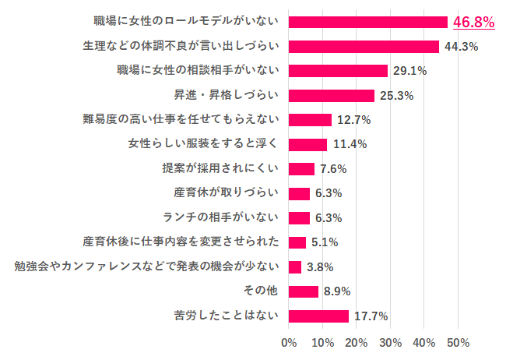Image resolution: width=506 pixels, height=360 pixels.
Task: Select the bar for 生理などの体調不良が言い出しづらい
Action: pos(364,46)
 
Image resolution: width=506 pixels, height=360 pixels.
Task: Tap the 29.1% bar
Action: pos(338,71)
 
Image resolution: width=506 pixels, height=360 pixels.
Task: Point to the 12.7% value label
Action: pos(353,120)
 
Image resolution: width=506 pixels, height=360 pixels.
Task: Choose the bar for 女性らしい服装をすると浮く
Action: pos(307,144)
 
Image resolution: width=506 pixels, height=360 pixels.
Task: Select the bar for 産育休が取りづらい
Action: pos(299,193)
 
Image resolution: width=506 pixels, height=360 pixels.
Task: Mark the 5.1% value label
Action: pos(324,242)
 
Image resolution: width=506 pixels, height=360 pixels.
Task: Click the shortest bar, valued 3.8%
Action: pos(295,266)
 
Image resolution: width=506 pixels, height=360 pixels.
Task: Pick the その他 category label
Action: pos(262,291)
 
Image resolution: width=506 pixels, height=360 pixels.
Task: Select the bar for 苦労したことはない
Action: pos(318,316)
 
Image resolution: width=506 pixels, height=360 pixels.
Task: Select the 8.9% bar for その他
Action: pos(304,291)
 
